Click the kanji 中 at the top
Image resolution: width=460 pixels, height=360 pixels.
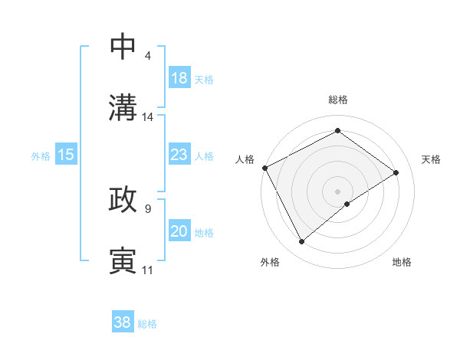[123, 47]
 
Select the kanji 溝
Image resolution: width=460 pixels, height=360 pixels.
[123, 108]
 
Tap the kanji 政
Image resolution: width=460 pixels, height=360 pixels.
[123, 200]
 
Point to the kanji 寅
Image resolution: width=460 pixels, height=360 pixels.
[123, 261]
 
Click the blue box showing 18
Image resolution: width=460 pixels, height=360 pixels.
[179, 78]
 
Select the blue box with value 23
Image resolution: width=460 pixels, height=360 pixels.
[179, 155]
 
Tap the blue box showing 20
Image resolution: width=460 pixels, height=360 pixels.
[179, 231]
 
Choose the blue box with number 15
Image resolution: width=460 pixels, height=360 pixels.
[66, 155]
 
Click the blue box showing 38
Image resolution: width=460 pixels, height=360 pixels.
[122, 322]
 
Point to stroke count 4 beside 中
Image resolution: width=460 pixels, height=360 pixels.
[147, 56]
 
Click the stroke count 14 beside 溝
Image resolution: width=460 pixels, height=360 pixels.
[148, 117]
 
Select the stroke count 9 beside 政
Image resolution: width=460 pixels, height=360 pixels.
[147, 208]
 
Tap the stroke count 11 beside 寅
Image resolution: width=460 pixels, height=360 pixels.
[148, 270]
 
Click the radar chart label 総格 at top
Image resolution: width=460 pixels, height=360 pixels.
[337, 100]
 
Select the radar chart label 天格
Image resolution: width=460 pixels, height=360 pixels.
[432, 159]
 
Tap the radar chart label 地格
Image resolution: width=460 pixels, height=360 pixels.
[402, 262]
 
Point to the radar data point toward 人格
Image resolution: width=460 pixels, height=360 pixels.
[264, 168]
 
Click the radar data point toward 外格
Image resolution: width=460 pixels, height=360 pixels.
[301, 242]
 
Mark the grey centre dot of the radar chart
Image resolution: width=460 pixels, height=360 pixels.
[337, 191]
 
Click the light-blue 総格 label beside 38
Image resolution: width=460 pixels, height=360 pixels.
[148, 324]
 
